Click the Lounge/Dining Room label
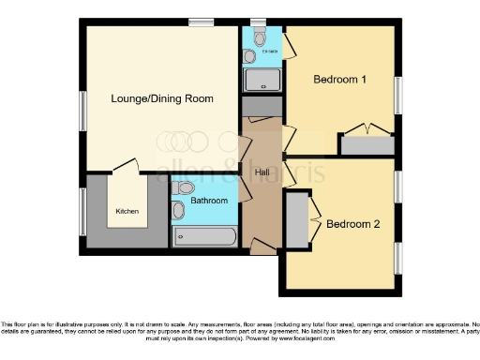coord(162,98)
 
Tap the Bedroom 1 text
coord(339,80)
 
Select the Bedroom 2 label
coord(352,224)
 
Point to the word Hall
coord(261,173)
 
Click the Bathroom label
coord(209,201)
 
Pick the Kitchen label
coord(127,211)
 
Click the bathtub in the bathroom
coord(204,236)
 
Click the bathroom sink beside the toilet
coord(178,210)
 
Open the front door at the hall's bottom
coord(263,248)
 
